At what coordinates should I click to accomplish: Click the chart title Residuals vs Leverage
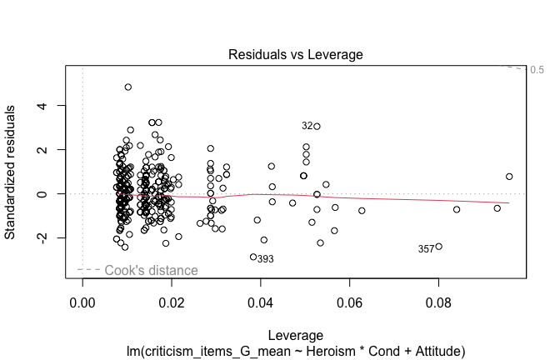coord(295,54)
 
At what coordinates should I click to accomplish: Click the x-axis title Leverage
coord(295,335)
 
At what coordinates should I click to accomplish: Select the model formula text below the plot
coord(295,351)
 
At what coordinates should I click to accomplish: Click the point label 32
coord(307,126)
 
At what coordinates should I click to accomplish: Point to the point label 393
coord(265,259)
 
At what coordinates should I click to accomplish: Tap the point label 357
coord(426,249)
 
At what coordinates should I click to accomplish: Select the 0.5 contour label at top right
coord(537,70)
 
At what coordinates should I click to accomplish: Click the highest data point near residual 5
coord(128,87)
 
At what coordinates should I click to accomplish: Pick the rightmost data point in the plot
coord(509,177)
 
